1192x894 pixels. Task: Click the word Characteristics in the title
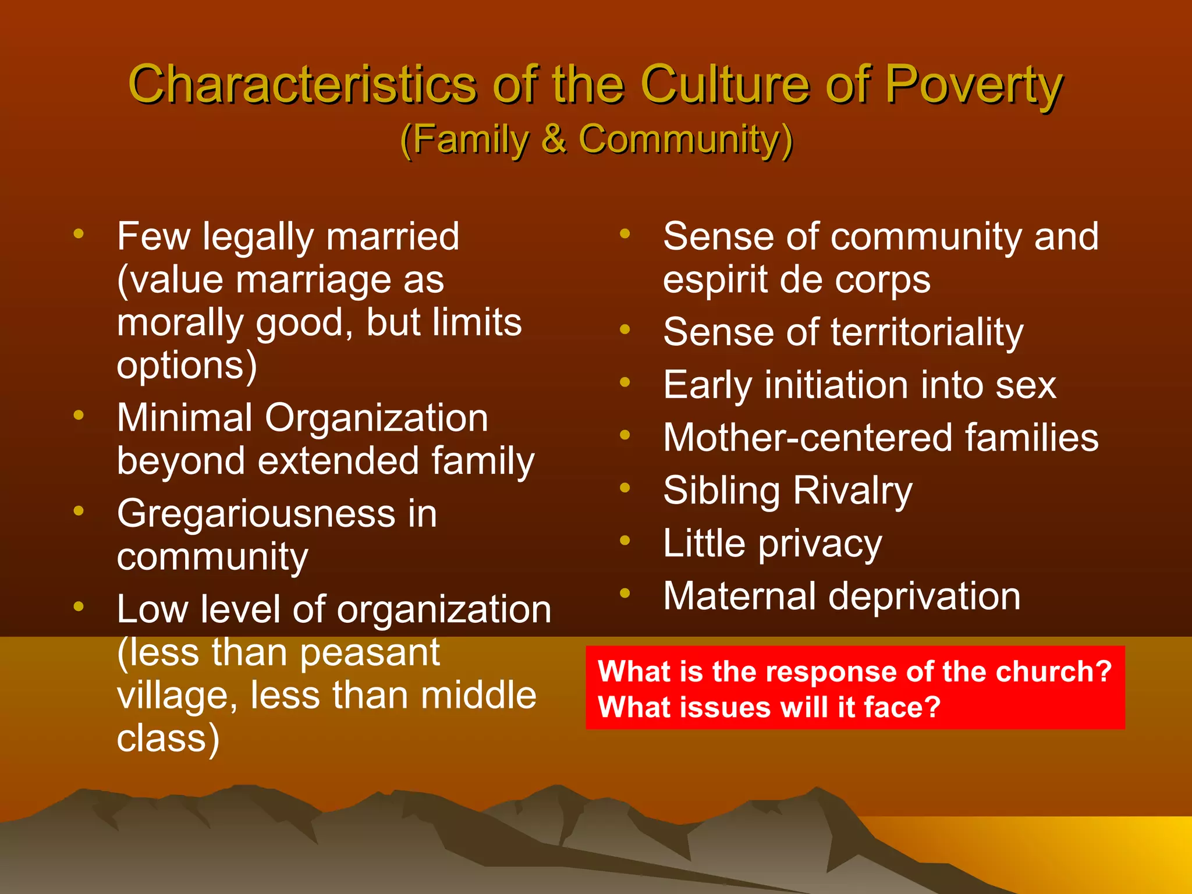point(302,85)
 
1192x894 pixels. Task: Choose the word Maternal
point(739,597)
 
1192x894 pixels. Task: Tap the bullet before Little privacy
point(625,541)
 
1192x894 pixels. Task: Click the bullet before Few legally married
point(79,234)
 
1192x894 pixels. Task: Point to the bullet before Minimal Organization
point(79,416)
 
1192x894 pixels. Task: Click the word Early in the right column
point(708,386)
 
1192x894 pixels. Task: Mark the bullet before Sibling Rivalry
point(625,488)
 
